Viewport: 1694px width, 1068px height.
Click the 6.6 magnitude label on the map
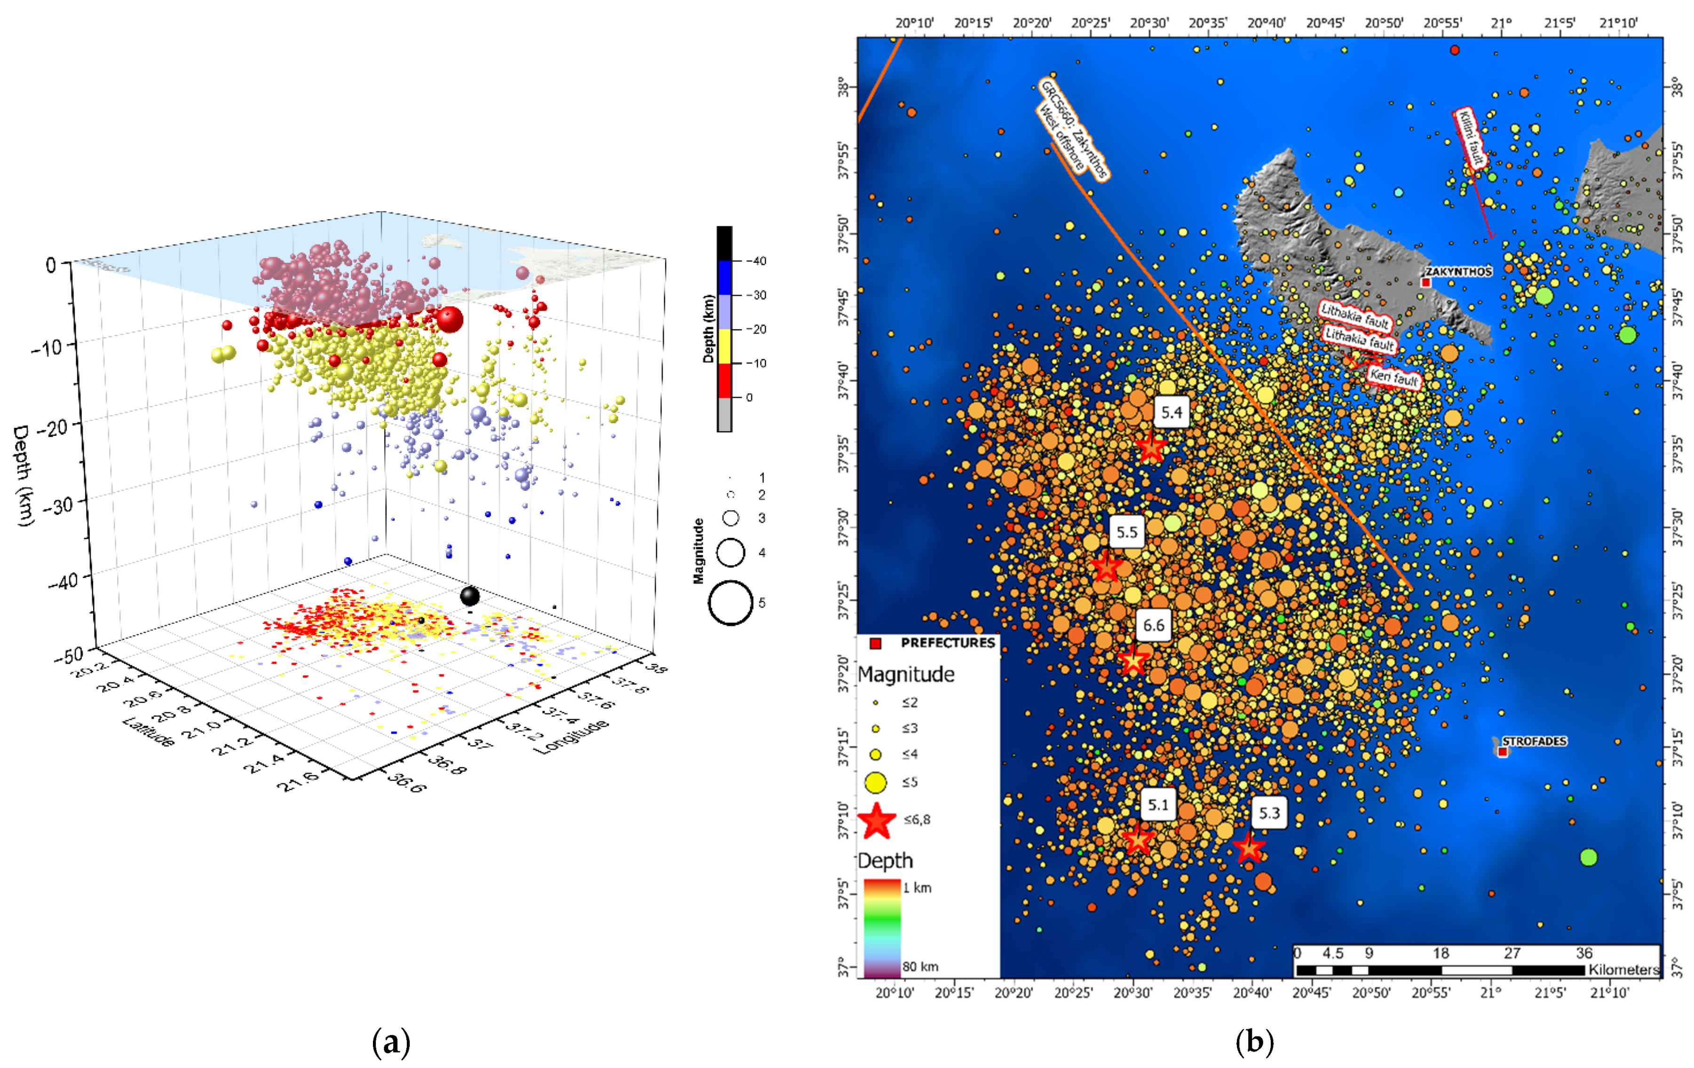[x=1153, y=625]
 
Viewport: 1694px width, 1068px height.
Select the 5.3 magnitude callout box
[x=1269, y=814]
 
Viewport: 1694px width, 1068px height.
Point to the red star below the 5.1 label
[x=1138, y=840]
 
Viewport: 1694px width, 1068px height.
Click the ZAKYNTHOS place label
[x=1458, y=271]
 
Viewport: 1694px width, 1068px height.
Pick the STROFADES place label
[x=1534, y=741]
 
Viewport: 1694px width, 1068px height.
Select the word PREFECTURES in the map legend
[x=948, y=643]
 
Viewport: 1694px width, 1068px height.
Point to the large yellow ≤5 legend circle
[x=875, y=782]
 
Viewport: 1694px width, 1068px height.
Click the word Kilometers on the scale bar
[x=1623, y=970]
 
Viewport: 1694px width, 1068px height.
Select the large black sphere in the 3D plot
[x=469, y=596]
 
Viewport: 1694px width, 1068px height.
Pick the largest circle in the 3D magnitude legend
[x=730, y=603]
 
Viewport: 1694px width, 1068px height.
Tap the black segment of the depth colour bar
[x=724, y=243]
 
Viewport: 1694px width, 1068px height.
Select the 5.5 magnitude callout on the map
[x=1127, y=532]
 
